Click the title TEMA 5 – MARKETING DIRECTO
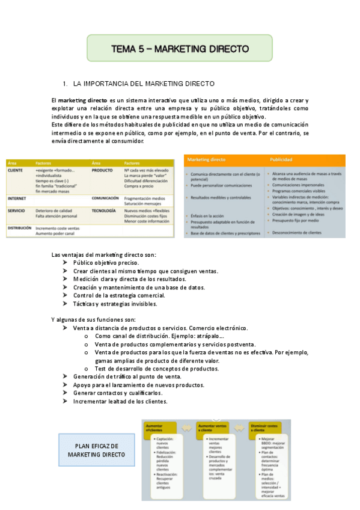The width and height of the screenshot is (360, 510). point(180,48)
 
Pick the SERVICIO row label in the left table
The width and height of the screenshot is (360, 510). point(17,211)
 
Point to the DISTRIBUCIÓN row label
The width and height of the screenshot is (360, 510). point(20,229)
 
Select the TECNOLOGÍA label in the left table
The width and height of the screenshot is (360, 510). point(105,211)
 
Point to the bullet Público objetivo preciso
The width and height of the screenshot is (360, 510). point(106,263)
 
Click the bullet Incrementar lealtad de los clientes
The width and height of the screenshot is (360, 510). point(120,401)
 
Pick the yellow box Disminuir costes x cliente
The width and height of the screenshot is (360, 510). point(266,427)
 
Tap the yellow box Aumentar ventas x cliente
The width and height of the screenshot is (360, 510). point(213,427)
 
